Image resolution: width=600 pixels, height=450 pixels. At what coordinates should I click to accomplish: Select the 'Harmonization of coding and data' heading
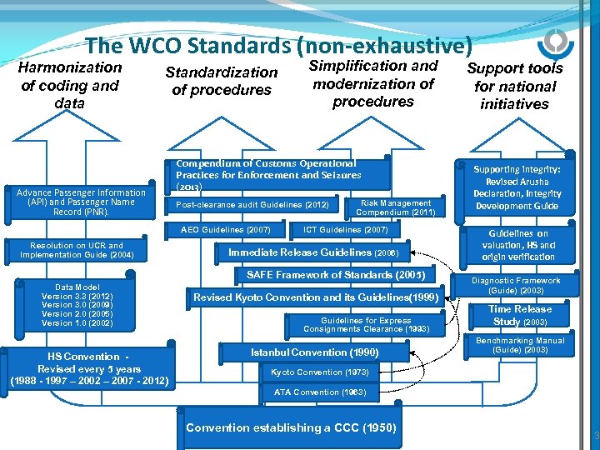[70, 85]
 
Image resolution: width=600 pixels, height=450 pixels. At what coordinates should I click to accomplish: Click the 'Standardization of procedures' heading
[221, 81]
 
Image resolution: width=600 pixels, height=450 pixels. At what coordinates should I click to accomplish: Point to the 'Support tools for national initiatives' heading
[515, 86]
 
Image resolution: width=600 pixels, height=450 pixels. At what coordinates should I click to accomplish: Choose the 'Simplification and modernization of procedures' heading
[372, 83]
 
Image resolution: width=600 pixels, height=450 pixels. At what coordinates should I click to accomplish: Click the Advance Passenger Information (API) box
[81, 202]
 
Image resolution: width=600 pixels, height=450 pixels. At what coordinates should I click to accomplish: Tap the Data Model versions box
[77, 305]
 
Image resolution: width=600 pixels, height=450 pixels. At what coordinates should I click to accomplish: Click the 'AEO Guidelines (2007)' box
[225, 229]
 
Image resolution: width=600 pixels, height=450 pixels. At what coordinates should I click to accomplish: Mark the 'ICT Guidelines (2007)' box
[346, 229]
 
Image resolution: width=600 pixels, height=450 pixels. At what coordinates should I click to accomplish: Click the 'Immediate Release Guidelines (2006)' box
[314, 252]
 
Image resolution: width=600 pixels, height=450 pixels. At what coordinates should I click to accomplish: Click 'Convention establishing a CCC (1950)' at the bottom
[291, 427]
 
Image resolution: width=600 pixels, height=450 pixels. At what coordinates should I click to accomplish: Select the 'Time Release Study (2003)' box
[520, 315]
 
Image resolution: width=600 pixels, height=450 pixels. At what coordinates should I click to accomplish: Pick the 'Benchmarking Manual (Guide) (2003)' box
[519, 345]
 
